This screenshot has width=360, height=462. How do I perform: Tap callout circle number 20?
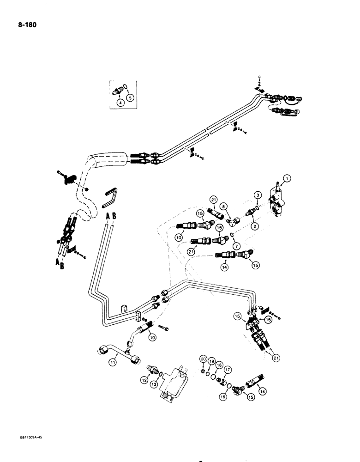pos(203,359)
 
